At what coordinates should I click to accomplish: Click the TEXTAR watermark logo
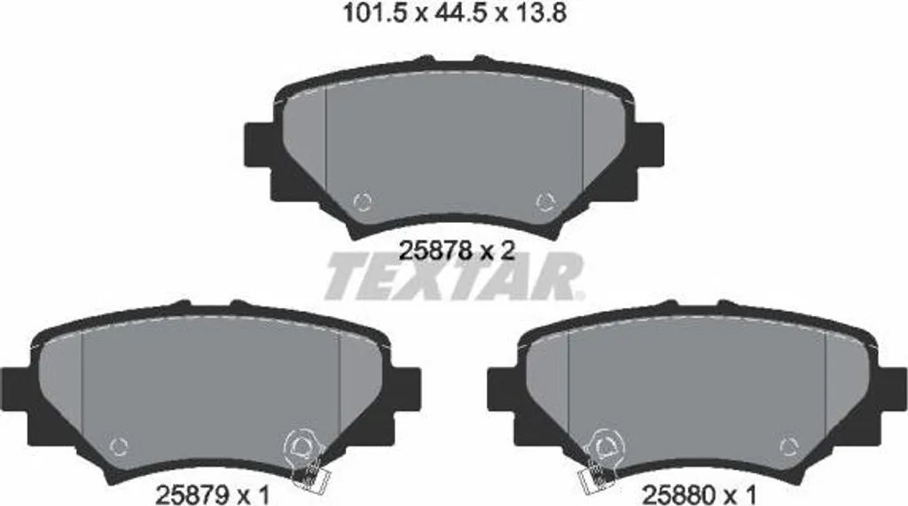pyautogui.click(x=455, y=277)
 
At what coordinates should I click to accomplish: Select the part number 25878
pyautogui.click(x=434, y=250)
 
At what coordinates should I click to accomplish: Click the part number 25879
pyautogui.click(x=191, y=495)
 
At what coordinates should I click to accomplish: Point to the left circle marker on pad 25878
pyautogui.click(x=363, y=202)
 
